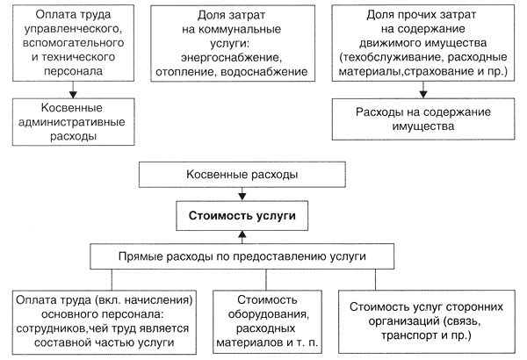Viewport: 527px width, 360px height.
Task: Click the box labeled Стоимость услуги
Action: pyautogui.click(x=242, y=215)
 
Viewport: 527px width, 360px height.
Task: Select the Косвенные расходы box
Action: pyautogui.click(x=242, y=175)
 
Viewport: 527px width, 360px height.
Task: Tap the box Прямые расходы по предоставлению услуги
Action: pyautogui.click(x=242, y=256)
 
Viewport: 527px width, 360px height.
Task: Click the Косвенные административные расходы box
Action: pyautogui.click(x=73, y=122)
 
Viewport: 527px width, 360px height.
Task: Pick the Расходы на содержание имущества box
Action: pyautogui.click(x=423, y=119)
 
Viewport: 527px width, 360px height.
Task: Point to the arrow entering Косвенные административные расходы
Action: pyautogui.click(x=73, y=90)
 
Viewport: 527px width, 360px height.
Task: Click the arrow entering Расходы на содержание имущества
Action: pyautogui.click(x=423, y=90)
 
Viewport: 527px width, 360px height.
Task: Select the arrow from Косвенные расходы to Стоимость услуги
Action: pyautogui.click(x=242, y=194)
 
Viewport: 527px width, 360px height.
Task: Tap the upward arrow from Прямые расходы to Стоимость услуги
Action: pyautogui.click(x=242, y=237)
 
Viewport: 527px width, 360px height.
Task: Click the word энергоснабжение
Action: pyautogui.click(x=231, y=57)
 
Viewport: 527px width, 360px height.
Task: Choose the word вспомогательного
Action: pyautogui.click(x=73, y=43)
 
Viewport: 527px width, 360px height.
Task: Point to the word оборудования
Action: pyautogui.click(x=268, y=314)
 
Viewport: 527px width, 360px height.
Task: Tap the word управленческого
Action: pyautogui.click(x=73, y=29)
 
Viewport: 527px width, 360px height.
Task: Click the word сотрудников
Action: pyautogui.click(x=50, y=328)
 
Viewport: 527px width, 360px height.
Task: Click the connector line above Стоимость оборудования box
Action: pyautogui.click(x=266, y=280)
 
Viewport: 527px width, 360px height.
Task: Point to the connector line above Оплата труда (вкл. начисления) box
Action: pyautogui.click(x=112, y=280)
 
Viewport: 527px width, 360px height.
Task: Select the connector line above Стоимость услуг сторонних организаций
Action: pyautogui.click(x=375, y=280)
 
